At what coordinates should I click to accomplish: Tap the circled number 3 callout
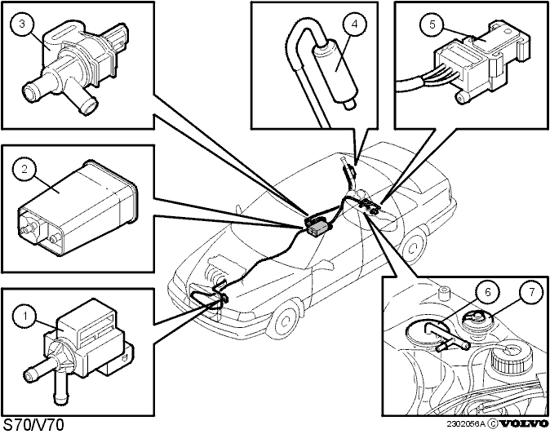(x=24, y=24)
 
